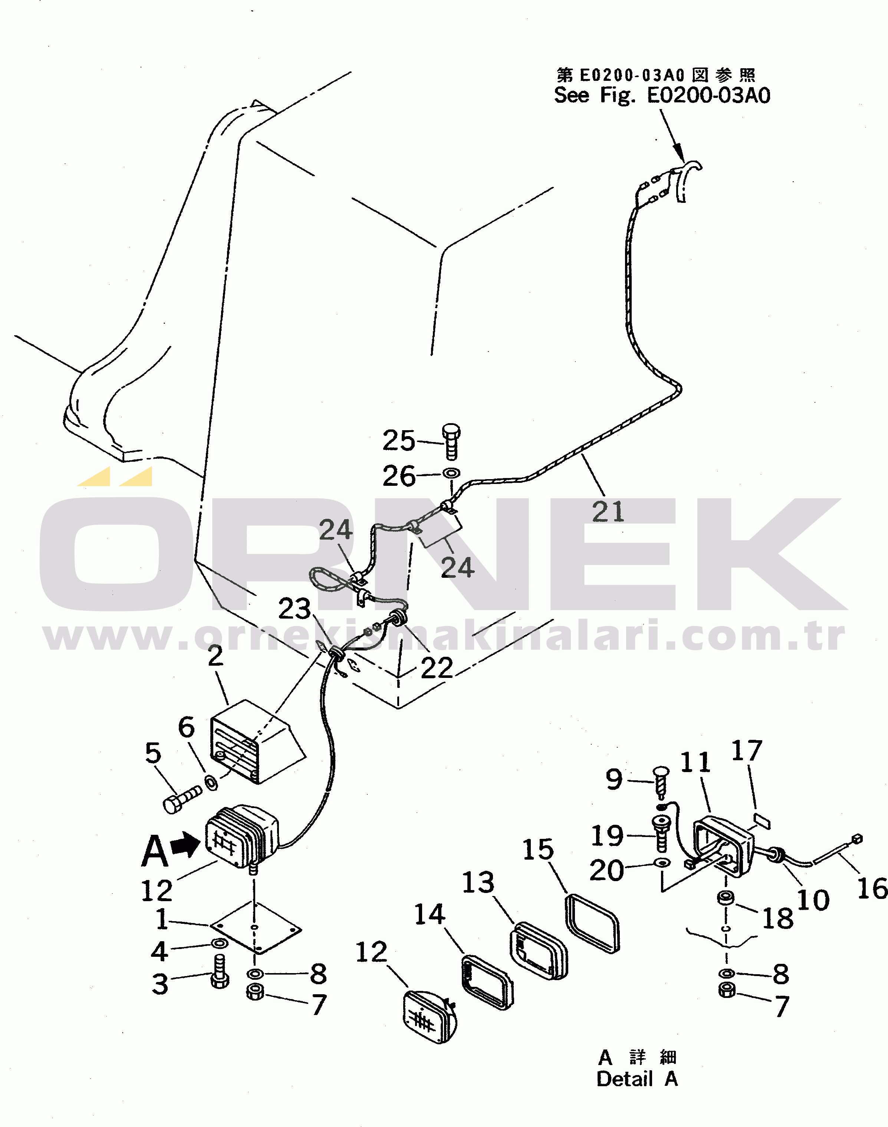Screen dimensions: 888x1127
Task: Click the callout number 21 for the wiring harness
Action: click(x=608, y=511)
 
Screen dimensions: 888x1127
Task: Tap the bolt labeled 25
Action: click(x=451, y=441)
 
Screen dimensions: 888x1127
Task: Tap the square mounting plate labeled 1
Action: click(x=255, y=928)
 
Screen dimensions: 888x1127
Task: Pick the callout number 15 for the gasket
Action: click(x=538, y=849)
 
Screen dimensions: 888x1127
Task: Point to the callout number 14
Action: click(x=430, y=915)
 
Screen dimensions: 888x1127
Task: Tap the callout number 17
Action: click(x=747, y=751)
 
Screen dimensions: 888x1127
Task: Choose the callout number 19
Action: click(x=607, y=836)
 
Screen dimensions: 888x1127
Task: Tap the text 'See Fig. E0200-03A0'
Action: click(x=662, y=95)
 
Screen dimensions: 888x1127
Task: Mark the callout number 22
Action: click(x=437, y=668)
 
